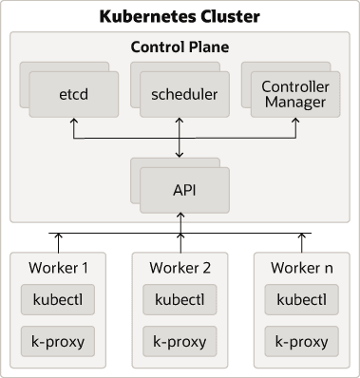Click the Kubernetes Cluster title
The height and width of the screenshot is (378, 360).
coord(180,17)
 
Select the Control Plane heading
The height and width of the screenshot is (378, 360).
coord(180,46)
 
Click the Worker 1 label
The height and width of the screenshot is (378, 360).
coord(58,268)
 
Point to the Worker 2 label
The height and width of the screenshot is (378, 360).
coord(180,268)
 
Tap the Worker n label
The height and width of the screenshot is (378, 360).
coord(302,268)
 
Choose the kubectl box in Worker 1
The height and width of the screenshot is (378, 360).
coord(58,300)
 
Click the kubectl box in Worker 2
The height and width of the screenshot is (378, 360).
coord(180,300)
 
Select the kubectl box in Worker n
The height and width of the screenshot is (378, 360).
coord(302,300)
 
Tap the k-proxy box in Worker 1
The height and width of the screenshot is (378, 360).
coord(58,340)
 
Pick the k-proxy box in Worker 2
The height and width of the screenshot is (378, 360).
coord(180,340)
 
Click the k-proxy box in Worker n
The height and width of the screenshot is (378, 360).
coord(302,340)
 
